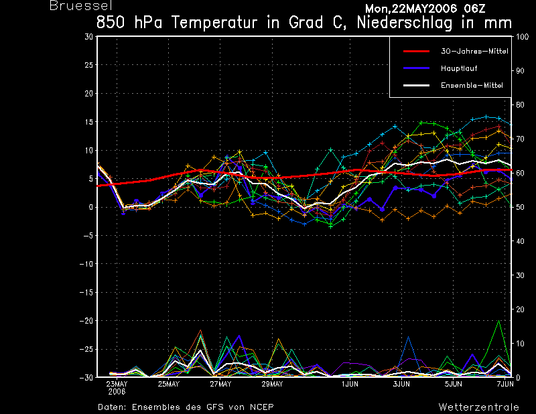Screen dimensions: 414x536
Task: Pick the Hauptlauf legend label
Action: pos(459,68)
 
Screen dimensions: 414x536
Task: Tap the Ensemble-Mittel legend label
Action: pos(472,86)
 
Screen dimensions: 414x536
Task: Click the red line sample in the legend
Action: pos(415,51)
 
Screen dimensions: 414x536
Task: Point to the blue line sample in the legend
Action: pos(415,68)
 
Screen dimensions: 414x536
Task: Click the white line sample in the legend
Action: pos(415,86)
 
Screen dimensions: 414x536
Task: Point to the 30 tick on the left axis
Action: pos(88,37)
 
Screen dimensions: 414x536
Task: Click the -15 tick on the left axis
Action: pos(86,292)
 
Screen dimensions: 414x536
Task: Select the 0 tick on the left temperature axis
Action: pos(90,207)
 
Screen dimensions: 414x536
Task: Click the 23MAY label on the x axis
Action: pos(117,385)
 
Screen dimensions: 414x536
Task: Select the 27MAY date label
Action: pos(220,385)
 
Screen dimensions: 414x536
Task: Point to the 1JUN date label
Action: pos(350,385)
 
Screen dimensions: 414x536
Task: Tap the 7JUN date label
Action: pos(505,385)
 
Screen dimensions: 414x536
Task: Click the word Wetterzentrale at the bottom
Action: pos(478,407)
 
